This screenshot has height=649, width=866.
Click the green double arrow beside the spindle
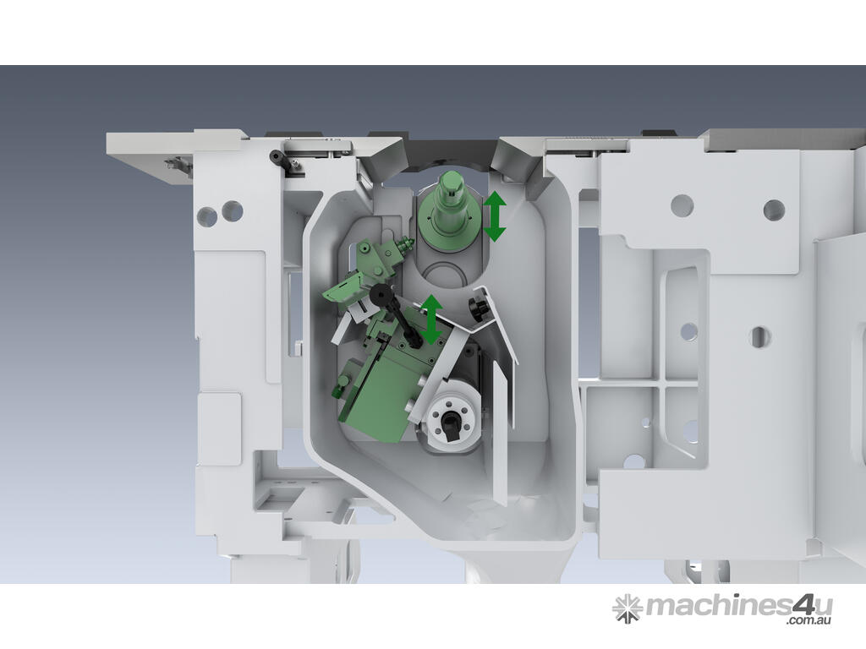[495, 215]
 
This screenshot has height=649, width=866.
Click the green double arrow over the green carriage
[430, 319]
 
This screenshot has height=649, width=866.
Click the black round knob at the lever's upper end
[381, 294]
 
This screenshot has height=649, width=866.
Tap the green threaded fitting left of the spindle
[403, 244]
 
